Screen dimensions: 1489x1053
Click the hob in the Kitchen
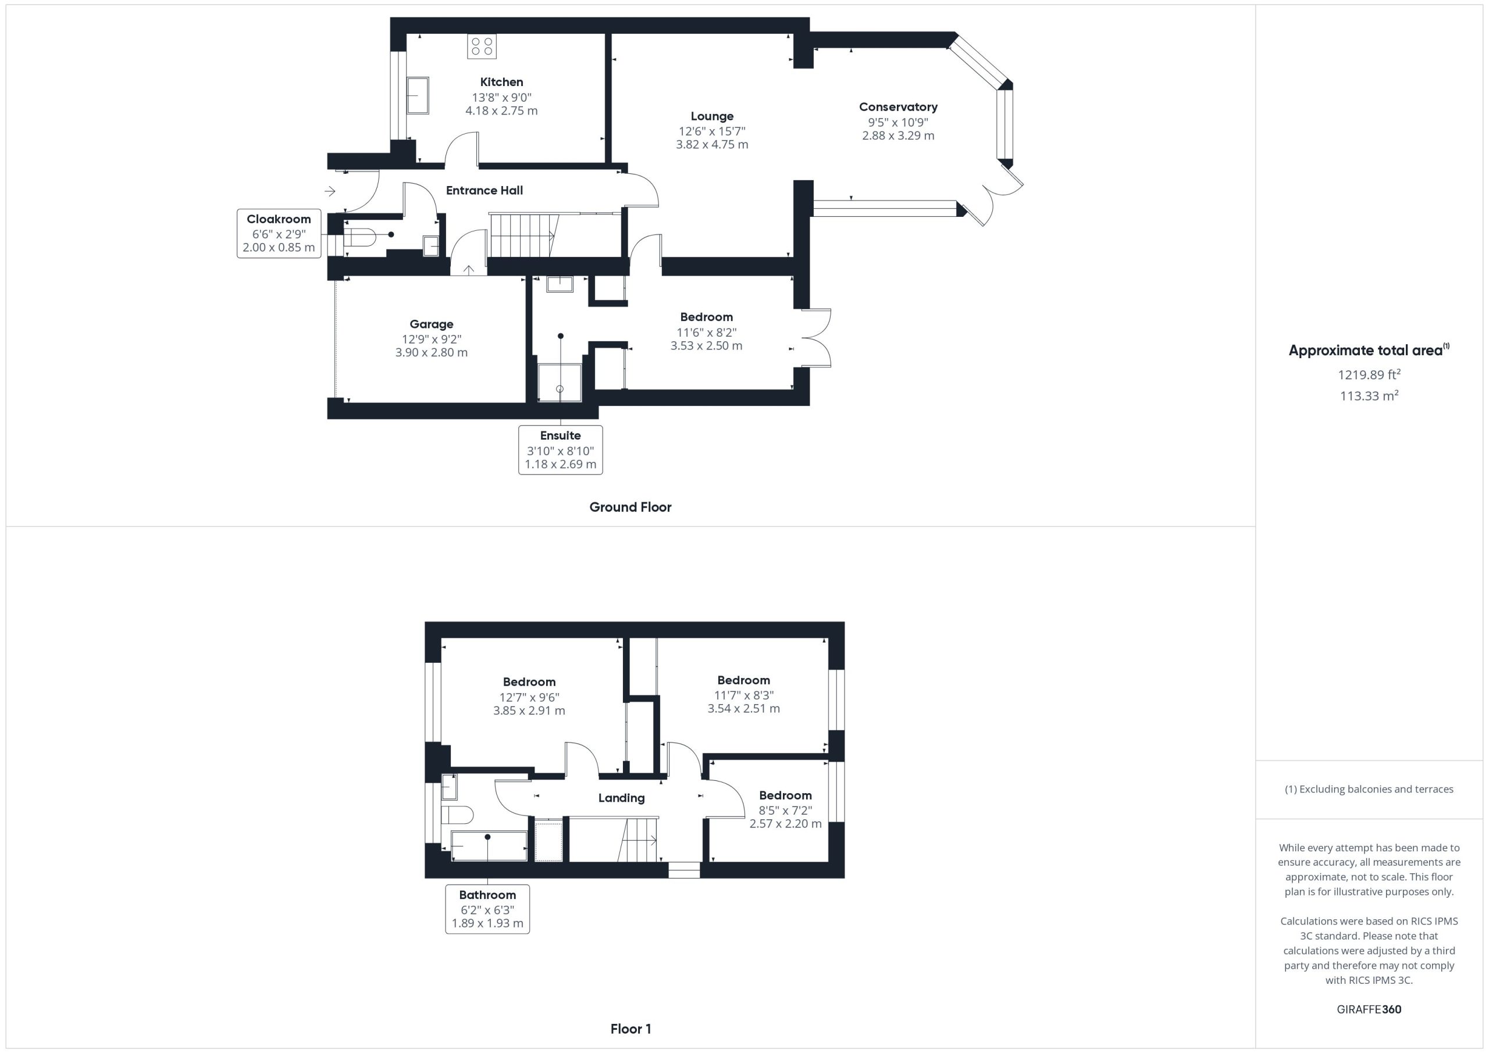click(482, 46)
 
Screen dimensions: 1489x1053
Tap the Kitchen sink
click(418, 95)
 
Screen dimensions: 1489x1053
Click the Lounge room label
click(712, 116)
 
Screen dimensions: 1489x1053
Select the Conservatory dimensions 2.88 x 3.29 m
click(898, 135)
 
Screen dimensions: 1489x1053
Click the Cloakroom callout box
click(279, 233)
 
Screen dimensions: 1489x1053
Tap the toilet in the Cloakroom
click(359, 237)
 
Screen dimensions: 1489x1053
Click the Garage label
click(431, 324)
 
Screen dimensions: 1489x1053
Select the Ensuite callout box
click(560, 450)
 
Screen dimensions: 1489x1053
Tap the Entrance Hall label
click(485, 191)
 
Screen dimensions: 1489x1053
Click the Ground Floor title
click(630, 507)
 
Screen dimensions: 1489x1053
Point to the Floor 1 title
click(630, 1029)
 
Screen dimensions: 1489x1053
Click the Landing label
click(621, 798)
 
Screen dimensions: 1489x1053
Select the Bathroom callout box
click(487, 909)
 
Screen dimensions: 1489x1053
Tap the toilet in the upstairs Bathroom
click(457, 815)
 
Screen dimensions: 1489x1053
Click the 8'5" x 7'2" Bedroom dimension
click(785, 811)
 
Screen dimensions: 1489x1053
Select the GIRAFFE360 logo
click(1369, 1009)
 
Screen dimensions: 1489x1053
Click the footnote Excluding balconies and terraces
click(1369, 789)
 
